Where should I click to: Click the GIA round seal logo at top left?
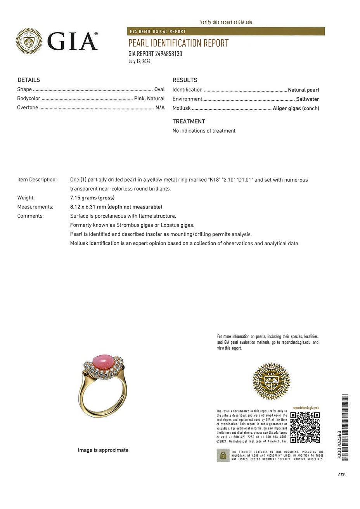tap(29, 41)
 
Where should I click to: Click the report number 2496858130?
tap(168, 54)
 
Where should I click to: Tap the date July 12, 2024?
tap(139, 61)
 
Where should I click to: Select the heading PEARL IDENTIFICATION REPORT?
tap(178, 43)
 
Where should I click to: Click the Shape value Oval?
tap(159, 89)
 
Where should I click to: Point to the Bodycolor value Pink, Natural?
tap(149, 99)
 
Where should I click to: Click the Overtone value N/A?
tap(160, 107)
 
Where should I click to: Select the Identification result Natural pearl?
tap(303, 90)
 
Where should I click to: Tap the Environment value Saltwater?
tap(307, 99)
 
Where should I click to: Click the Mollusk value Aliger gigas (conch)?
tap(296, 109)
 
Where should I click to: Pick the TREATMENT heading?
tap(189, 121)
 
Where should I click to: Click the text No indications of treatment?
tap(204, 131)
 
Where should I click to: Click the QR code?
tap(305, 427)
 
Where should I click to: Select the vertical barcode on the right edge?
tap(345, 427)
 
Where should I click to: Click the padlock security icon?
tap(223, 455)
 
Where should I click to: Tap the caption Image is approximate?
tap(103, 450)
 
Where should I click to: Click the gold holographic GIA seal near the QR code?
tap(271, 381)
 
